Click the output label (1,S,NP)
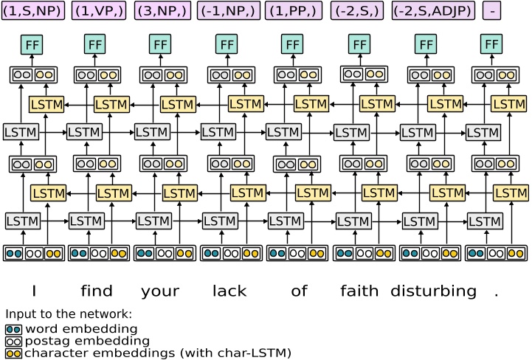pyautogui.click(x=32, y=11)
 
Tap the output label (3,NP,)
pyautogui.click(x=164, y=11)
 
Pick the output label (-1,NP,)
pyautogui.click(x=229, y=11)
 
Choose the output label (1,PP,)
pyautogui.click(x=294, y=11)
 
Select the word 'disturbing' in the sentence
pyautogui.click(x=433, y=291)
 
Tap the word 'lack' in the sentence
pyautogui.click(x=229, y=291)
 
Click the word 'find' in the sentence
pyautogui.click(x=97, y=291)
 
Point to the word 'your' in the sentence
pyautogui.click(x=160, y=291)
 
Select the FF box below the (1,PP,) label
pyautogui.click(x=293, y=44)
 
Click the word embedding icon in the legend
pyautogui.click(x=13, y=328)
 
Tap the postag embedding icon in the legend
pyautogui.click(x=13, y=341)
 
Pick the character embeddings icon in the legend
pyautogui.click(x=13, y=353)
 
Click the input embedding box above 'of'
pyautogui.click(x=294, y=253)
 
